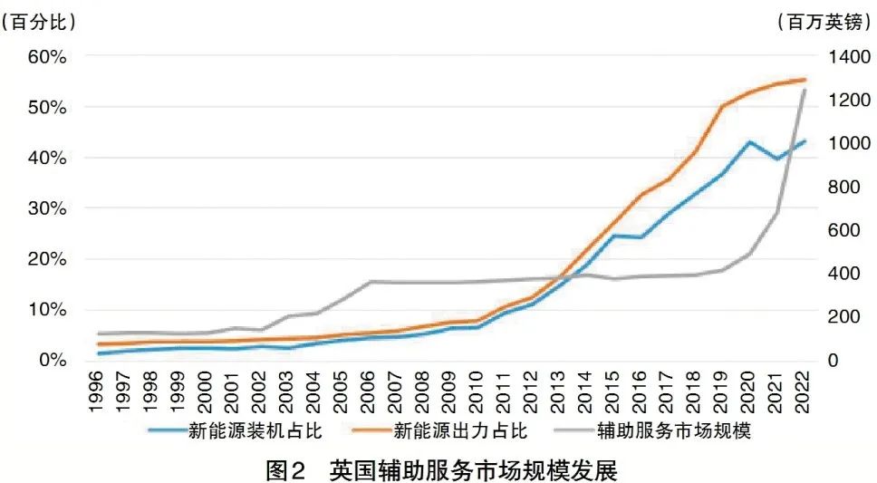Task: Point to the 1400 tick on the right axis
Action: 846,56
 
